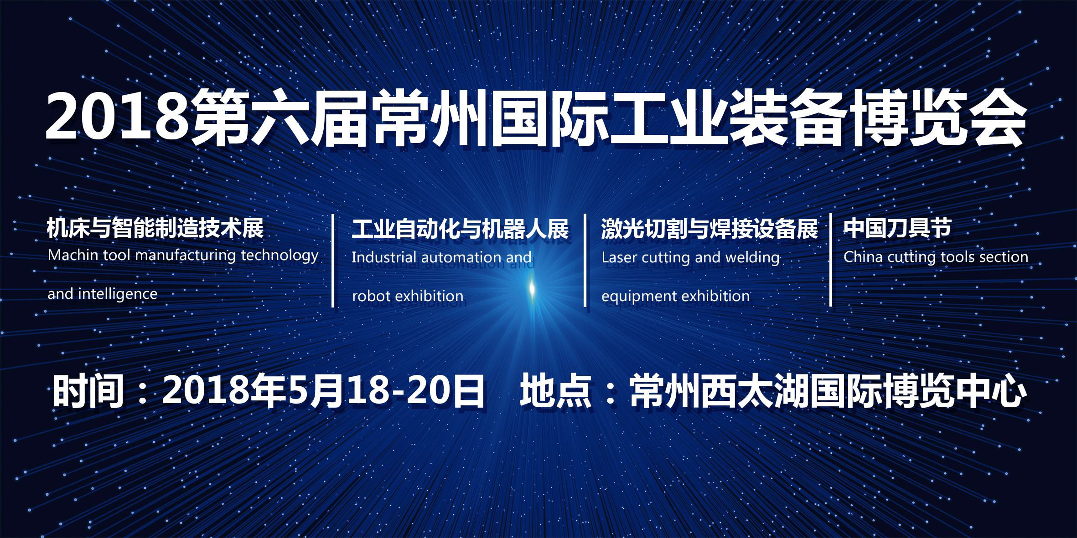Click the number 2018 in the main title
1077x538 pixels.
(x=117, y=117)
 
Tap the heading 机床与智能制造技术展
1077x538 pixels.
(x=155, y=228)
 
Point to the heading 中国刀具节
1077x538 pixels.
(x=897, y=228)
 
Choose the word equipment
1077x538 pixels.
(x=633, y=297)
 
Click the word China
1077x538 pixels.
(x=863, y=257)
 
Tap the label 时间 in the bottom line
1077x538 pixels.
(x=88, y=391)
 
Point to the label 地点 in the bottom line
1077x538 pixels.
(x=555, y=390)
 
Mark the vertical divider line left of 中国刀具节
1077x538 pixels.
(x=831, y=260)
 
